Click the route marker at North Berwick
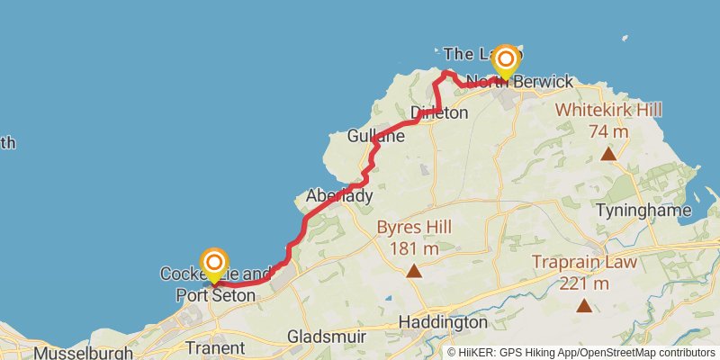tap(506, 59)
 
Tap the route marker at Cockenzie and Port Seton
tap(214, 263)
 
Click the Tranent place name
tap(214, 347)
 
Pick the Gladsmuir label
tap(326, 337)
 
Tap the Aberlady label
tap(339, 195)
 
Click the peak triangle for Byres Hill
tap(414, 271)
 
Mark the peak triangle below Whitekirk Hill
tap(608, 154)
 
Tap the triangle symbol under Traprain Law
tap(584, 306)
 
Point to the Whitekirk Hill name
tap(608, 110)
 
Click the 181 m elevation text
tap(414, 247)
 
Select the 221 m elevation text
tap(584, 283)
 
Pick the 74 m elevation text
tap(608, 130)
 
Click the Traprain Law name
tap(584, 264)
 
